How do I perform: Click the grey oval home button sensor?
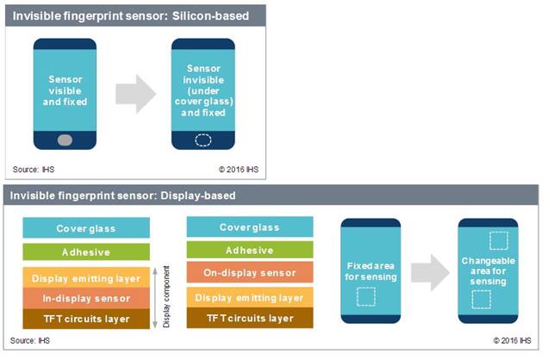pos(65,140)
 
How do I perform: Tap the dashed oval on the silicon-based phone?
pos(203,140)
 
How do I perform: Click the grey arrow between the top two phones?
pos(135,94)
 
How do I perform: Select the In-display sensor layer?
pos(86,298)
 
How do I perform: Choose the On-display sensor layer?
pos(250,272)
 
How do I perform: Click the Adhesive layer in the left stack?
pos(86,251)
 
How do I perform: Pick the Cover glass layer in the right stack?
pos(250,227)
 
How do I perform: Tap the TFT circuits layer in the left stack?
pos(86,319)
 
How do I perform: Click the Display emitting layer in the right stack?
pos(250,297)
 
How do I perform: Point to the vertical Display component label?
pos(166,297)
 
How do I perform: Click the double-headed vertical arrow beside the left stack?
pos(155,298)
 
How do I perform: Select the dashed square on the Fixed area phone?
pos(366,297)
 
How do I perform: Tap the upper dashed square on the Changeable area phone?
pos(499,240)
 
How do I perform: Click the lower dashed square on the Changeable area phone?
pos(482,300)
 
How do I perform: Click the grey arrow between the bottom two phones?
pos(430,273)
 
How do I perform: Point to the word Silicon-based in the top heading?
pos(210,16)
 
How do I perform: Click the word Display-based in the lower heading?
pos(198,196)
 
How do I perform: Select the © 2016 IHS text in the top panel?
pos(239,170)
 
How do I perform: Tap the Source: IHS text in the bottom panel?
pos(30,340)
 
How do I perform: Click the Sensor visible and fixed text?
pos(65,90)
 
